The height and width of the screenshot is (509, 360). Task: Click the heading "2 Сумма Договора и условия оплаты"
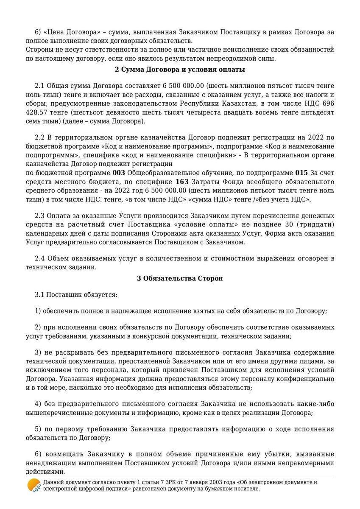pyautogui.click(x=180, y=69)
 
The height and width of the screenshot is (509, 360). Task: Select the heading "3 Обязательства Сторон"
pyautogui.click(x=180, y=278)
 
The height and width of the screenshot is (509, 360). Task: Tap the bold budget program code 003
pyautogui.click(x=119, y=173)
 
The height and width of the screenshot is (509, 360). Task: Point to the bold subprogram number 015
pyautogui.click(x=301, y=173)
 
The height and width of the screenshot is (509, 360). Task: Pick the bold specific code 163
pyautogui.click(x=182, y=182)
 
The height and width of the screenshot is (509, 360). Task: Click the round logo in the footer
pyautogui.click(x=34, y=485)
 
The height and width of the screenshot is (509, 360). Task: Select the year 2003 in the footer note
pyautogui.click(x=197, y=482)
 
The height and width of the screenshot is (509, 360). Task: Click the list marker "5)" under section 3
pyautogui.click(x=38, y=429)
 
